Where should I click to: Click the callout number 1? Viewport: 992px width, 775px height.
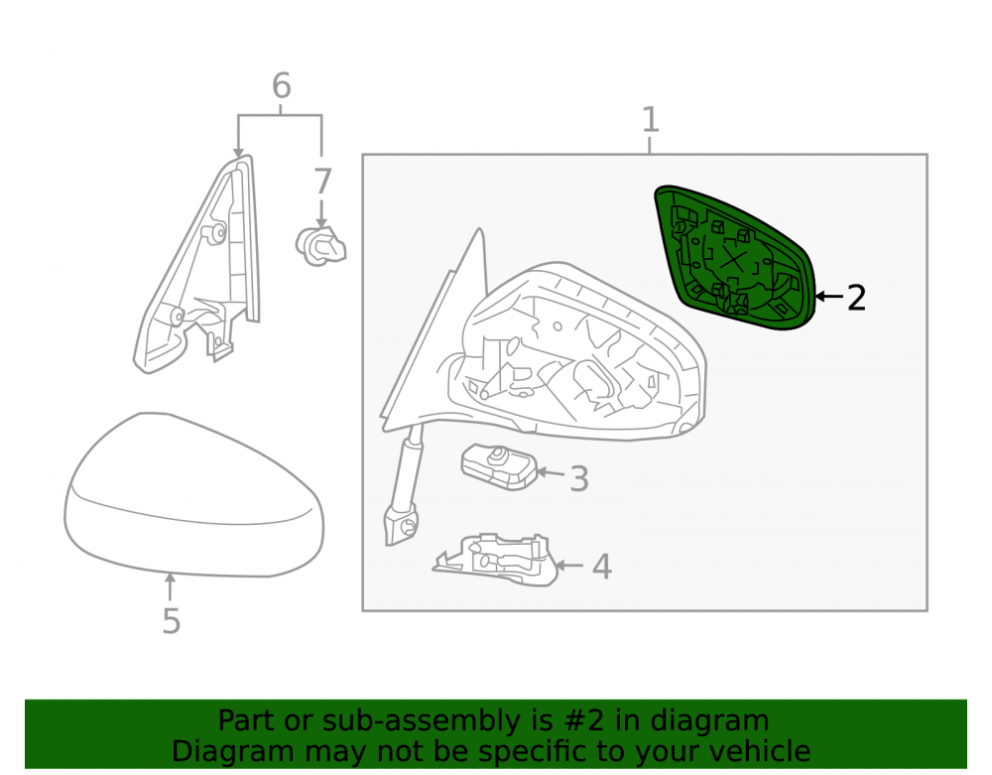click(x=651, y=119)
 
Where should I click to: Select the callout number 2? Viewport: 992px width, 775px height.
click(x=856, y=298)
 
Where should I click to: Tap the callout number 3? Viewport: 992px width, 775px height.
click(x=579, y=479)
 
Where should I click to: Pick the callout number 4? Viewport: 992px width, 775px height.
click(x=602, y=567)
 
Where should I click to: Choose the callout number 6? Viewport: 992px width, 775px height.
click(x=282, y=85)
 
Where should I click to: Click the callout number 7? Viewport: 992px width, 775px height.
click(x=322, y=182)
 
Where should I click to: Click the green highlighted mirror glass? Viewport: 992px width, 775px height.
click(x=735, y=258)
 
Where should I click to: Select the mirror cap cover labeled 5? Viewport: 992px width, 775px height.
click(x=193, y=495)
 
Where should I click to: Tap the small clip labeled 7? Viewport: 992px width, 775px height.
click(x=320, y=246)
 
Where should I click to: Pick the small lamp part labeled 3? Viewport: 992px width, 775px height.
click(x=499, y=467)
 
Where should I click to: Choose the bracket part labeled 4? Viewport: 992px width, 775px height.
click(x=495, y=560)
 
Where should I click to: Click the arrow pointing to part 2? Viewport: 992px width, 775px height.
click(x=828, y=296)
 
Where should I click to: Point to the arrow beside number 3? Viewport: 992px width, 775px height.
click(x=551, y=472)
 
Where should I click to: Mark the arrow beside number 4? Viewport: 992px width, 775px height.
click(x=568, y=565)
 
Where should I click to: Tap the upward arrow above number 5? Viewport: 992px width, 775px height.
click(x=170, y=586)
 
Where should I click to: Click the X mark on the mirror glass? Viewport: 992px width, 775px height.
click(x=733, y=260)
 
